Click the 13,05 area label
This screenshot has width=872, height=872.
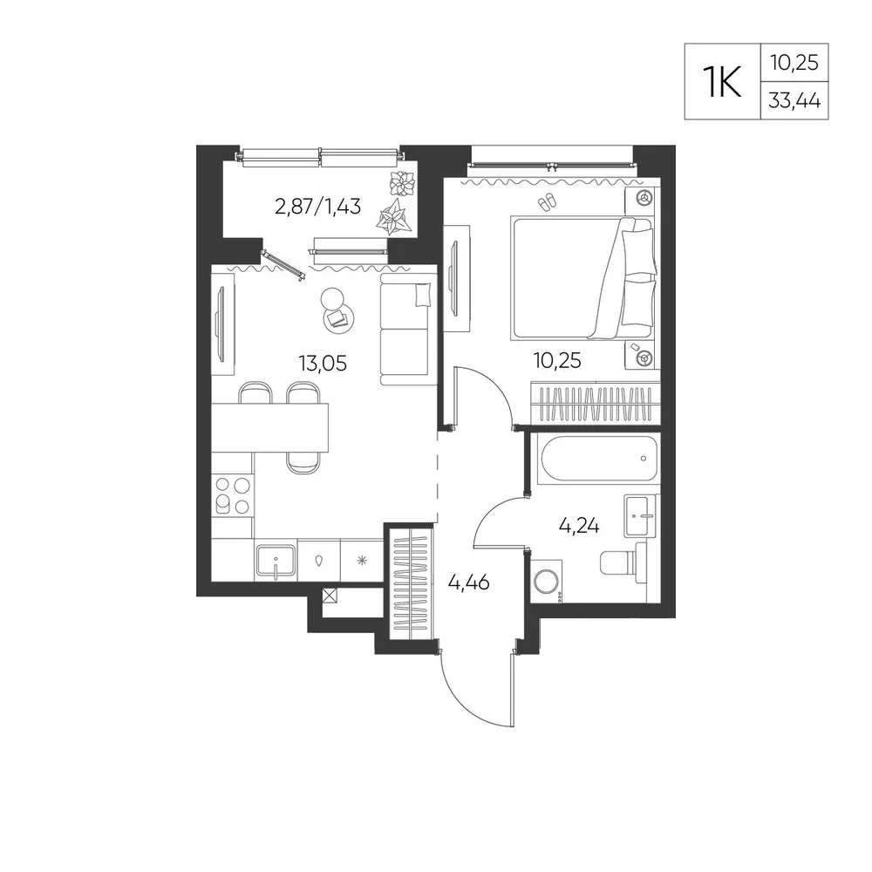pyautogui.click(x=323, y=364)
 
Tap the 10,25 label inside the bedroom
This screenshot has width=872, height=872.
pyautogui.click(x=557, y=361)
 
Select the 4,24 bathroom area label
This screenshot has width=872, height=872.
pyautogui.click(x=579, y=526)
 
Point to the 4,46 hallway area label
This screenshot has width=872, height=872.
pyautogui.click(x=469, y=582)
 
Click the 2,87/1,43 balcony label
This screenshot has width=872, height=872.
pyautogui.click(x=318, y=207)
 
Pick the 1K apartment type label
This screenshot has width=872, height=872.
pyautogui.click(x=722, y=81)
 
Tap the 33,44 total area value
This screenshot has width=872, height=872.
pyautogui.click(x=794, y=100)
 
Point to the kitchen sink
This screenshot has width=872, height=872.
pyautogui.click(x=276, y=560)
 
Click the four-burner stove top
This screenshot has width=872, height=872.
pyautogui.click(x=233, y=495)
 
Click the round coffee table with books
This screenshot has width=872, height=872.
pyautogui.click(x=337, y=318)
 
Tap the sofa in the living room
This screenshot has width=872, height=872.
pyautogui.click(x=405, y=330)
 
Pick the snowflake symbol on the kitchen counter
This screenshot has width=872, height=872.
pyautogui.click(x=362, y=560)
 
